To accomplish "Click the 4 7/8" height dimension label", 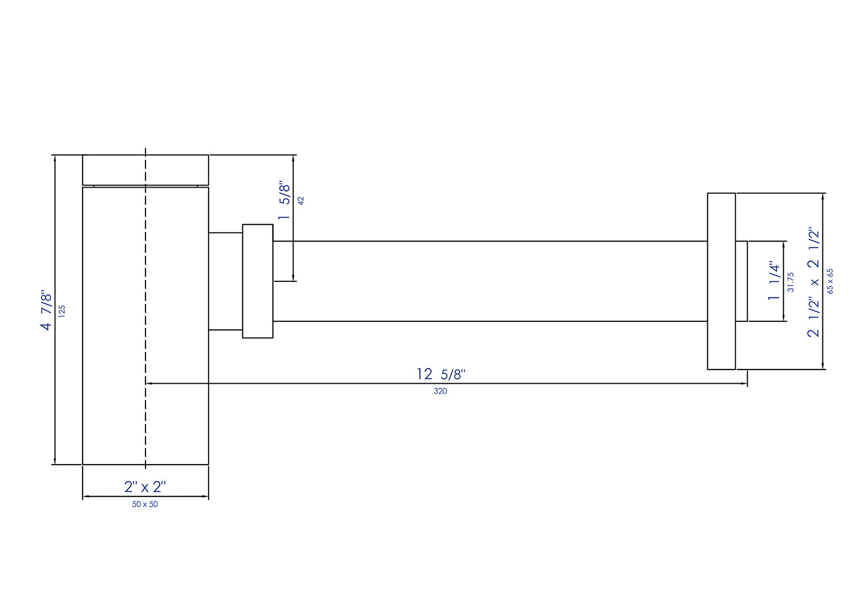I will coord(46,310).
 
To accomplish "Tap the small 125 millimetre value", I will coord(62,310).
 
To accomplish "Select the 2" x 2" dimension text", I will coord(145,487).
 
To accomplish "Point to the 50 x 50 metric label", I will coord(145,504).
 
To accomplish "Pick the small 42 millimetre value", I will coord(301,201).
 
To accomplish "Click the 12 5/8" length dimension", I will coord(441,374).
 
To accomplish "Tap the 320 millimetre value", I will coord(440,391).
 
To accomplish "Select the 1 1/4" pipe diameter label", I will coord(774,281).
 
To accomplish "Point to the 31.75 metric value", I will coord(790,282).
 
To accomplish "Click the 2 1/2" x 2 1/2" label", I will coord(814,283).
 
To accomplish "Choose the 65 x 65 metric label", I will coord(830,281).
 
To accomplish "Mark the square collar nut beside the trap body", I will coord(258,281).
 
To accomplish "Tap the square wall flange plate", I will coord(721,281).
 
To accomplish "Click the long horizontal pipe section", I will coord(489,281).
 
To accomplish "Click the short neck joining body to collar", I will coord(225,281).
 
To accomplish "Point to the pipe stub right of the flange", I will coord(742,281).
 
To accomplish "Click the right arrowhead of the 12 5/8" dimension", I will coord(744,384).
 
